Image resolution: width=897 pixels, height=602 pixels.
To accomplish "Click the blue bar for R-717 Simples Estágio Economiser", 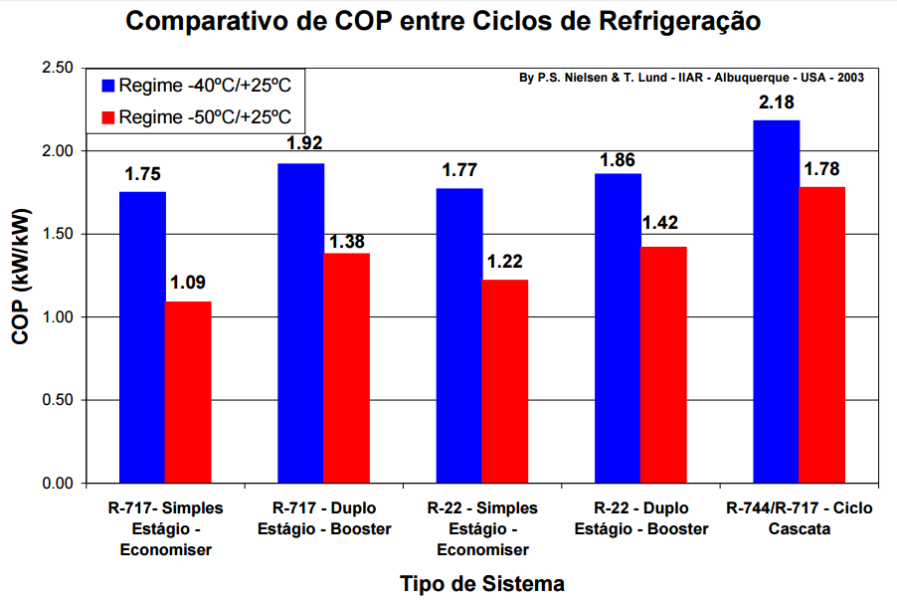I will point(142,337).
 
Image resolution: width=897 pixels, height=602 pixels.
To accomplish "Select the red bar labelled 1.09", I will point(188,392).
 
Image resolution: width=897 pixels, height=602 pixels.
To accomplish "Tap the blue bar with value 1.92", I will point(300,323).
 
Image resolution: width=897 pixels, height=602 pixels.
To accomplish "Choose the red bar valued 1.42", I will point(663,364).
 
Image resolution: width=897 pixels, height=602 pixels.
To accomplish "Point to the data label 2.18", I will point(776,102).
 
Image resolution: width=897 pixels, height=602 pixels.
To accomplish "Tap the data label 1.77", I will point(459,170).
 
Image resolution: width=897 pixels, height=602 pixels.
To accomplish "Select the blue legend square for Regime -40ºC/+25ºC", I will point(106,86).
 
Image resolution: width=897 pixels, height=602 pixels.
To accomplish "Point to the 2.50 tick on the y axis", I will point(59,68).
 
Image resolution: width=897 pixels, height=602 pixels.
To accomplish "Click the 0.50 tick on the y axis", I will point(59,400).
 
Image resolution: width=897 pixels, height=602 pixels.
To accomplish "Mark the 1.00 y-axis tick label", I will point(59,317).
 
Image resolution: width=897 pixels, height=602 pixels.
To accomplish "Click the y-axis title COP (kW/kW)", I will point(21,276).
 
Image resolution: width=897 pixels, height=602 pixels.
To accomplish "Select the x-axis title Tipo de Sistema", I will point(482,583).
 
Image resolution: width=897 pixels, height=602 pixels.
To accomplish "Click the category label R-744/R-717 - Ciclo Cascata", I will point(799,518).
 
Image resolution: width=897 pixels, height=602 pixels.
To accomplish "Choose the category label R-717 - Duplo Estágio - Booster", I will point(324,518).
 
